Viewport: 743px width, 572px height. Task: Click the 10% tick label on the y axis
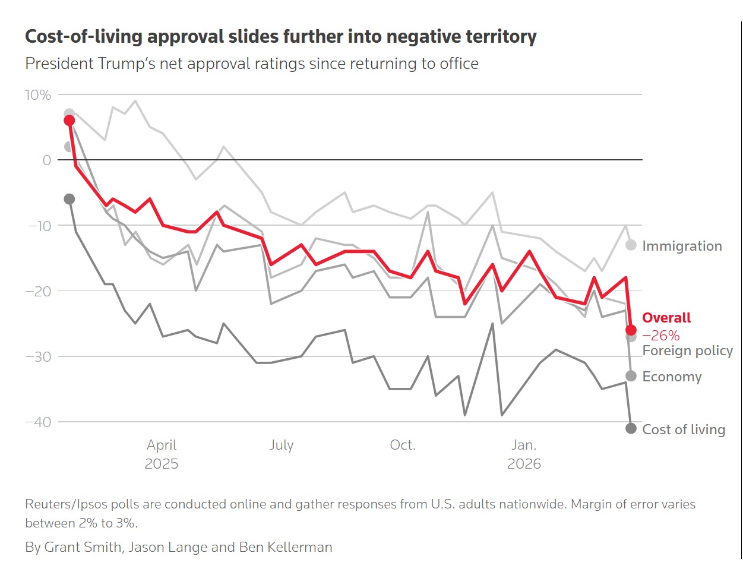(38, 95)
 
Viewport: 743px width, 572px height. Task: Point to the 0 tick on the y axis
(46, 160)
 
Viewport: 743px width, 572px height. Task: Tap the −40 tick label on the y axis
(38, 422)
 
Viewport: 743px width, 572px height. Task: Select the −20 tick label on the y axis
(38, 291)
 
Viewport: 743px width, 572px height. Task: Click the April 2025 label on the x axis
(162, 454)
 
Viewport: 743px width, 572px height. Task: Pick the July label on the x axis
(282, 445)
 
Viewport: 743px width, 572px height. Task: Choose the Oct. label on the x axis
(403, 445)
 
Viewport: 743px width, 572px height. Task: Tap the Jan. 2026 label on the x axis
(524, 454)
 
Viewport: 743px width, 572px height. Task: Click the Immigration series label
(682, 246)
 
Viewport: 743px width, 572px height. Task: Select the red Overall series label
(666, 318)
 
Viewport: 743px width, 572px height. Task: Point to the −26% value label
(660, 336)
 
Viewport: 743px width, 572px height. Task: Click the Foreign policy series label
(687, 350)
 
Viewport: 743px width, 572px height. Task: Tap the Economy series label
(672, 377)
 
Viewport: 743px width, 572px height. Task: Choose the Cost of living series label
(684, 429)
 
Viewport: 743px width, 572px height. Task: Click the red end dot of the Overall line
(631, 330)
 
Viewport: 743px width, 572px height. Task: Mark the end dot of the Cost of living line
(631, 428)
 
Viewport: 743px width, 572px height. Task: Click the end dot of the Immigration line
(631, 245)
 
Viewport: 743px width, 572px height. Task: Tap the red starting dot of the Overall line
(69, 121)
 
